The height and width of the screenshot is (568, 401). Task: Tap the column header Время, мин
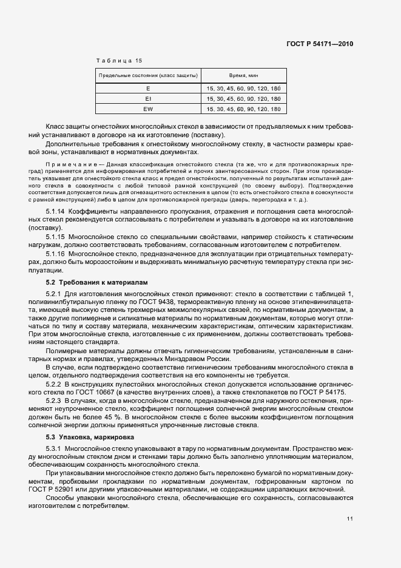pos(243,75)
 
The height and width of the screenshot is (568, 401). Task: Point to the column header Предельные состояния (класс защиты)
pos(148,75)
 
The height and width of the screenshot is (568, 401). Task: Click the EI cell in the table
pos(148,98)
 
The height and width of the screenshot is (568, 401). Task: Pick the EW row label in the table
pos(148,109)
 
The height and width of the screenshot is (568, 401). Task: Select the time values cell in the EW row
pos(243,109)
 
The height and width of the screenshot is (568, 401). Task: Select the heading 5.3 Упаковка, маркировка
pos(92,437)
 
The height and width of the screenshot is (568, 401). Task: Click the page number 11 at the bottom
pos(350,519)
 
